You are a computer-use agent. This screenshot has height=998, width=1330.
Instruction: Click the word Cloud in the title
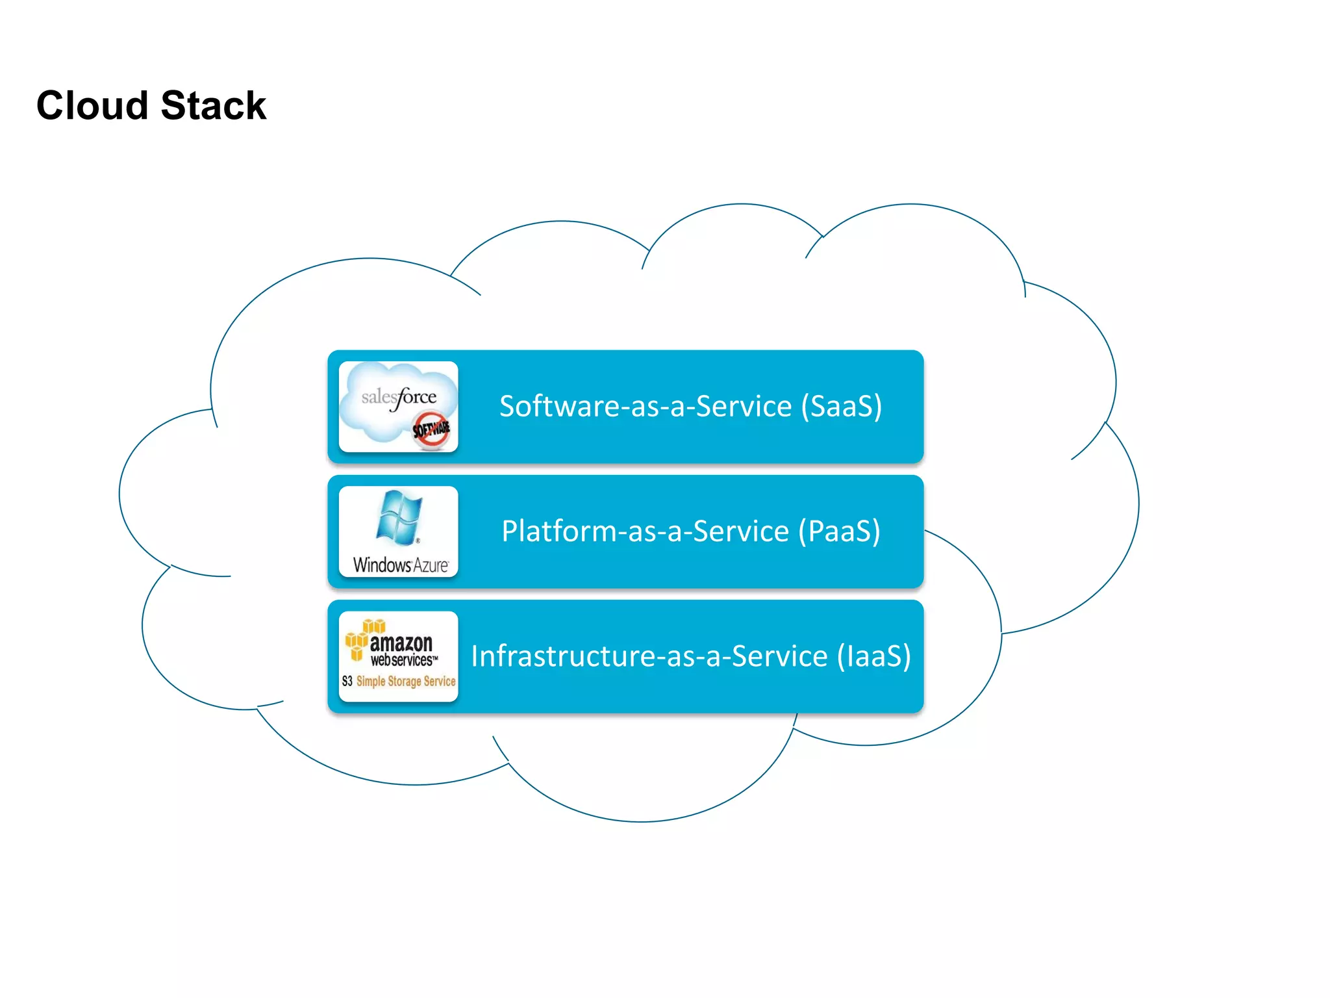pos(92,105)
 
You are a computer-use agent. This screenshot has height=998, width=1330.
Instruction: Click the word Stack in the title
pos(213,105)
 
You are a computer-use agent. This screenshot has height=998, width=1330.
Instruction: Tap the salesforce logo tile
pos(398,406)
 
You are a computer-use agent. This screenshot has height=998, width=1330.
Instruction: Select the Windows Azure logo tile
pos(398,531)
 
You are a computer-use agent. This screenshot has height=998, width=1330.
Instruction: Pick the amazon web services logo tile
pos(398,656)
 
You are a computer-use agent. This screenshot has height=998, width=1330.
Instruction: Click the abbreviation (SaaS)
pos(841,407)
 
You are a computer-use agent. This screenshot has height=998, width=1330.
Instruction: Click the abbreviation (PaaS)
pos(839,531)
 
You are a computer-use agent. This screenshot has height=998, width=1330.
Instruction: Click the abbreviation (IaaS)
pos(873,656)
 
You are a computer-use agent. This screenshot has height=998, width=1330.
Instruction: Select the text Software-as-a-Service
pos(646,407)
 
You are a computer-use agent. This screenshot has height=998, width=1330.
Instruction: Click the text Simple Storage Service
pos(406,681)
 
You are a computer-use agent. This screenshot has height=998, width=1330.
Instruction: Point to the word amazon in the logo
pos(401,643)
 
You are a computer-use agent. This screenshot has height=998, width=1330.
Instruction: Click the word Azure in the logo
pos(431,565)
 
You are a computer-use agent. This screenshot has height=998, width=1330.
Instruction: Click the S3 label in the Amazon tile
pos(347,681)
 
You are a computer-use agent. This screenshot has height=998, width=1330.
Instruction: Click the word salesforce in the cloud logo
pos(399,396)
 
